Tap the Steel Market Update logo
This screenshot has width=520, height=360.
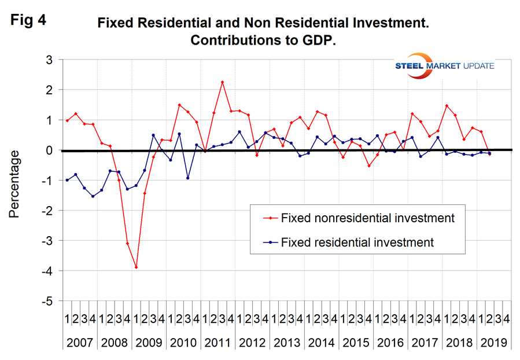pyautogui.click(x=437, y=66)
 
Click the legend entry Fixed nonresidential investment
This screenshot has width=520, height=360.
pyautogui.click(x=367, y=218)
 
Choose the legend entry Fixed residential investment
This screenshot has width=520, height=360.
pyautogui.click(x=356, y=243)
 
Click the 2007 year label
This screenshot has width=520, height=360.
pyautogui.click(x=80, y=342)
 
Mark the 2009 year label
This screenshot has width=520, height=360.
pyautogui.click(x=149, y=342)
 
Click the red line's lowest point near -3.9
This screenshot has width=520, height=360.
pyautogui.click(x=136, y=267)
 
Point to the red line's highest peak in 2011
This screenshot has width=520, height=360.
pyautogui.click(x=222, y=82)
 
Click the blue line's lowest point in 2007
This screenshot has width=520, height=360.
pyautogui.click(x=93, y=196)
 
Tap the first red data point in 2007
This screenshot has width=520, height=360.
pyautogui.click(x=67, y=120)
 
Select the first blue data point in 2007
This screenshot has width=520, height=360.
pyautogui.click(x=67, y=180)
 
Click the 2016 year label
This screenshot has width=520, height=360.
pyautogui.click(x=390, y=342)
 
